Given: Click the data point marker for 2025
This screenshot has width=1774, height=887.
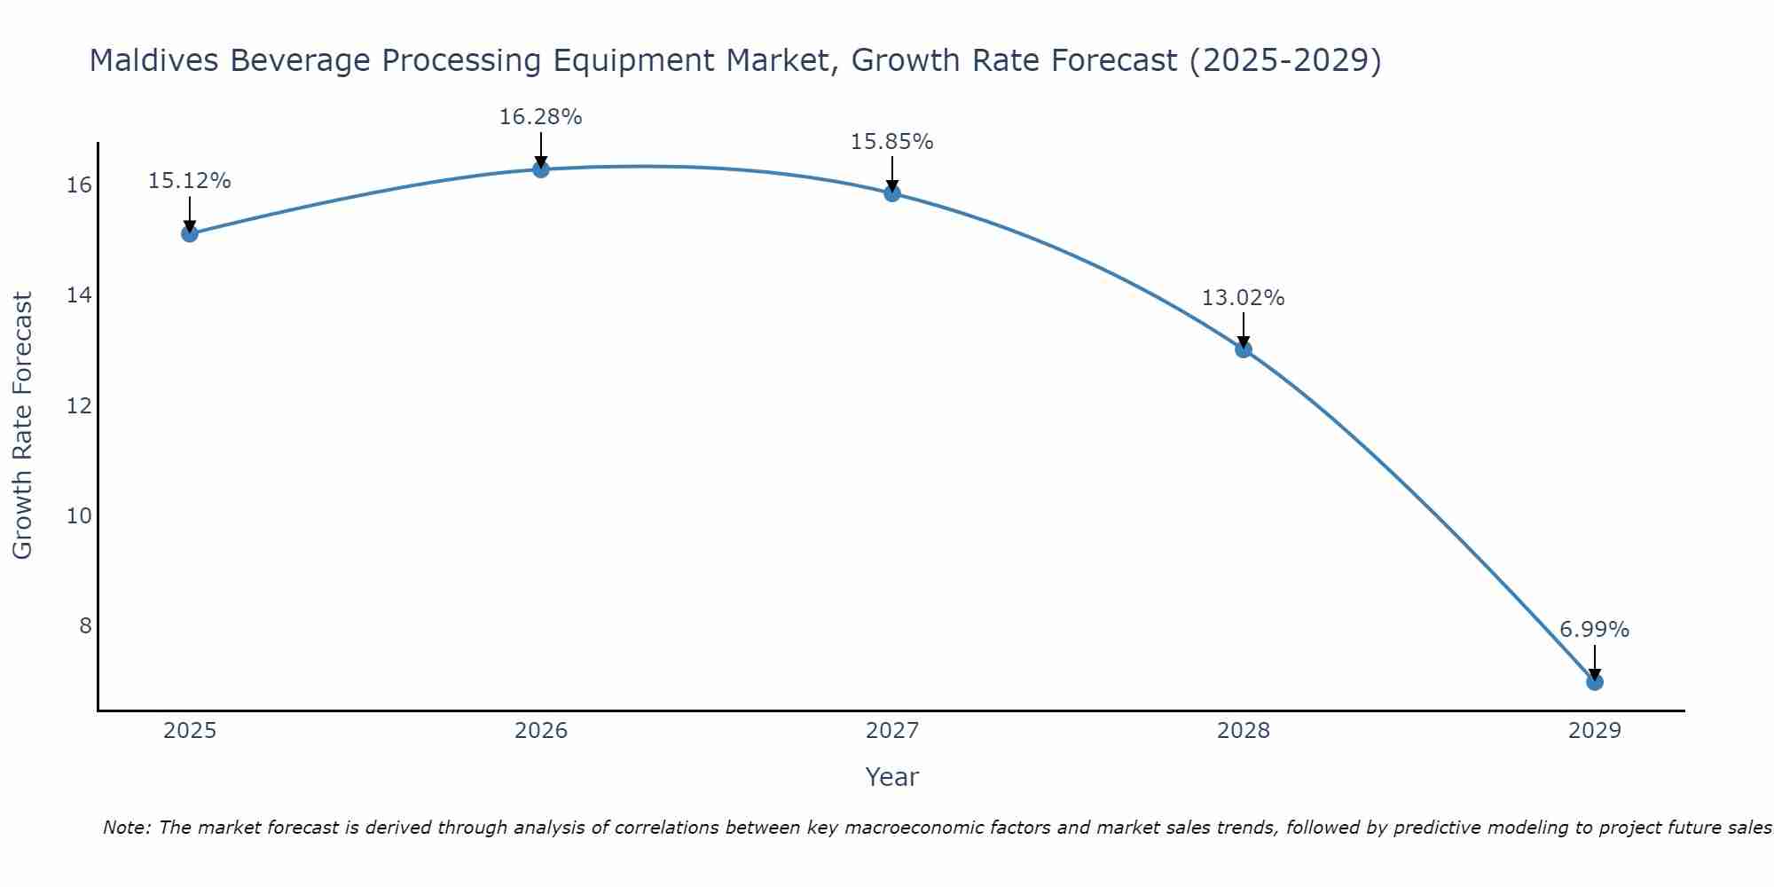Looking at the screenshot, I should coord(190,233).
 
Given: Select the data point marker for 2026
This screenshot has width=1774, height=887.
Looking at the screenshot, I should coord(541,169).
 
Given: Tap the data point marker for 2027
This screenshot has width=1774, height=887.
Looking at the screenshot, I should coord(892,192).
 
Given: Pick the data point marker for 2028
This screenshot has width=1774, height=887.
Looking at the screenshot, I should coord(1244,349).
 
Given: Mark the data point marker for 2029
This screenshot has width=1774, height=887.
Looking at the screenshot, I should coord(1594,681).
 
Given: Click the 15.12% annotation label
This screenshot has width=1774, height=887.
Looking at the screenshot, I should coord(189,181).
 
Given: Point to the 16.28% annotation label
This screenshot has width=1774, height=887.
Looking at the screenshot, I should coord(540,117).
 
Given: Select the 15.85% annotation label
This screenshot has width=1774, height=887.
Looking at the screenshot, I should coord(891,142).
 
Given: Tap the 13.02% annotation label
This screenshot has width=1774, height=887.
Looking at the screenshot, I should coord(1243,298).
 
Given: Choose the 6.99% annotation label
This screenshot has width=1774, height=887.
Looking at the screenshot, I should coord(1594,630).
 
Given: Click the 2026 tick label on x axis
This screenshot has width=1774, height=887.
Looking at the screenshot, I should coord(541,731).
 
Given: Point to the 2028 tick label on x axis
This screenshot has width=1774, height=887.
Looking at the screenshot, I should coord(1244,731).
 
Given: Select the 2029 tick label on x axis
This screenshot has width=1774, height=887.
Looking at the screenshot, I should coord(1594,731).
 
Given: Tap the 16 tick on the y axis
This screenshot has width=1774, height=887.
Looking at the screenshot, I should coord(79,185).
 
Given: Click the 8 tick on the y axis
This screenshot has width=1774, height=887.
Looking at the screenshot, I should coord(85,626).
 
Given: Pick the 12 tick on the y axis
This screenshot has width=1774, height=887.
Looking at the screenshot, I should coord(79,406).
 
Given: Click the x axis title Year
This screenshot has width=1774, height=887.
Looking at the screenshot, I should coord(891,777).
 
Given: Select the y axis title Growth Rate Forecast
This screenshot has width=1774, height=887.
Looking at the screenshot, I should coord(22,426).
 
